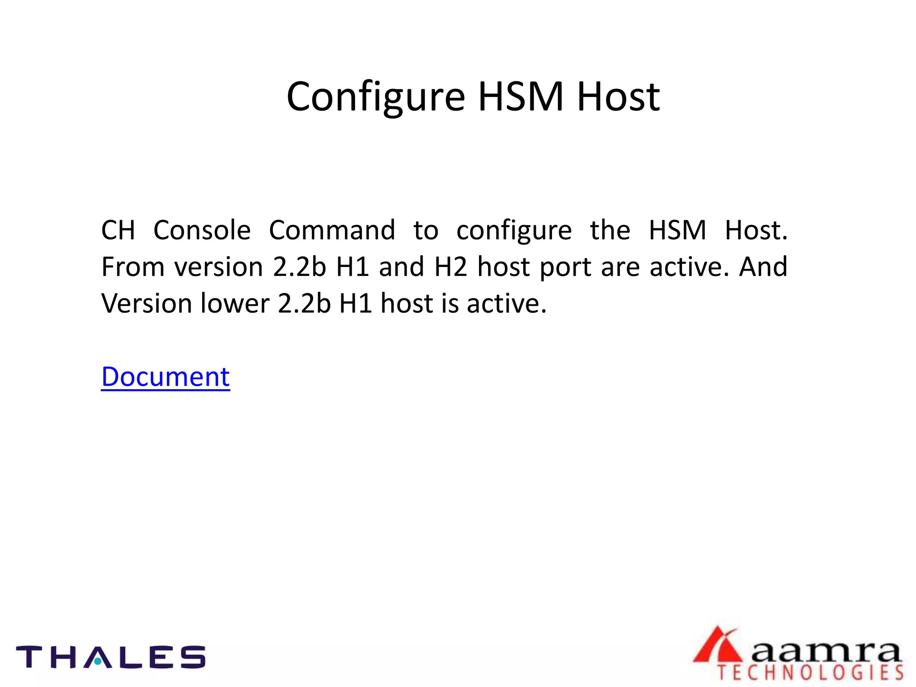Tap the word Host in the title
[618, 97]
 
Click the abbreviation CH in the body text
[118, 230]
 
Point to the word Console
[202, 230]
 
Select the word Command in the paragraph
[332, 230]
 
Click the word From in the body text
[133, 267]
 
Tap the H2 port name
[451, 267]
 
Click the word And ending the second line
[763, 267]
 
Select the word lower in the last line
[234, 304]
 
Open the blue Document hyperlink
[165, 377]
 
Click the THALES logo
[110, 657]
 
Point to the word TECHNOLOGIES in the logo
[810, 673]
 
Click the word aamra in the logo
[826, 653]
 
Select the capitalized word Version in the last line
[146, 304]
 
